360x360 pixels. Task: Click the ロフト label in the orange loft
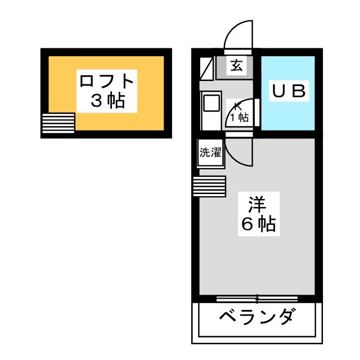[106, 80]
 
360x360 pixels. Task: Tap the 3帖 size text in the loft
[107, 100]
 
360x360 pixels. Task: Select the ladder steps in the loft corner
[58, 123]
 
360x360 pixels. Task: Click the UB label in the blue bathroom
[289, 91]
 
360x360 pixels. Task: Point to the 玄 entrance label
[236, 65]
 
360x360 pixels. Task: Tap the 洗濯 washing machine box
[210, 152]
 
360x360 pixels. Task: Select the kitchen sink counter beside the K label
[211, 110]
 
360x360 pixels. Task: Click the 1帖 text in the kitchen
[239, 118]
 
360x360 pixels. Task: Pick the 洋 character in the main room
[258, 204]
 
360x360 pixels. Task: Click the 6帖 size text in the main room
[259, 224]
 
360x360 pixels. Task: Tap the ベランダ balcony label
[256, 317]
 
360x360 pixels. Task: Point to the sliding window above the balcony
[257, 299]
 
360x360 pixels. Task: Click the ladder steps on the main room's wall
[210, 186]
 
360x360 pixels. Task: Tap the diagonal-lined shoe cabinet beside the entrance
[206, 68]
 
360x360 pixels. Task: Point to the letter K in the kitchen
[237, 107]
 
